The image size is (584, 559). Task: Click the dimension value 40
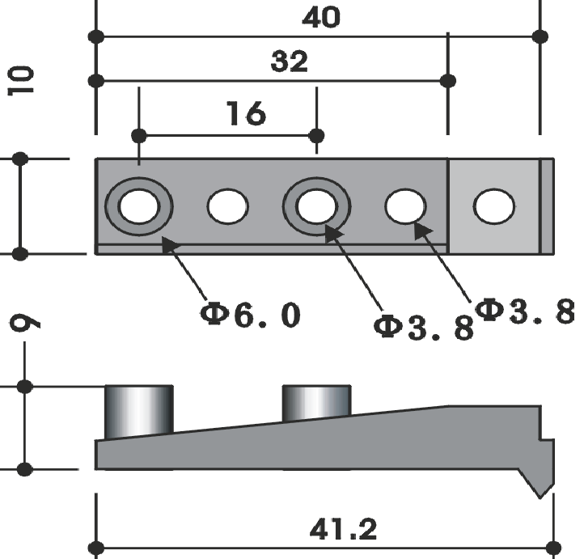tap(321, 18)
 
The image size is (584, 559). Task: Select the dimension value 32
tap(290, 61)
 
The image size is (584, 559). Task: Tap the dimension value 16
tap(246, 112)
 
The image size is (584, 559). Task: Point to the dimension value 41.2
tap(343, 529)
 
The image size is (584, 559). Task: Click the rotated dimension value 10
tap(20, 81)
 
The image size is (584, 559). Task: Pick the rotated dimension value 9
tap(24, 323)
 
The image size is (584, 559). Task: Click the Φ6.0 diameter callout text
tap(250, 315)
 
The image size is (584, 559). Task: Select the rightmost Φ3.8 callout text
tap(525, 311)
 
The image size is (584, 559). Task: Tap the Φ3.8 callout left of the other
tap(424, 327)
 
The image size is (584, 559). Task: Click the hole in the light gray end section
tap(494, 206)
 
